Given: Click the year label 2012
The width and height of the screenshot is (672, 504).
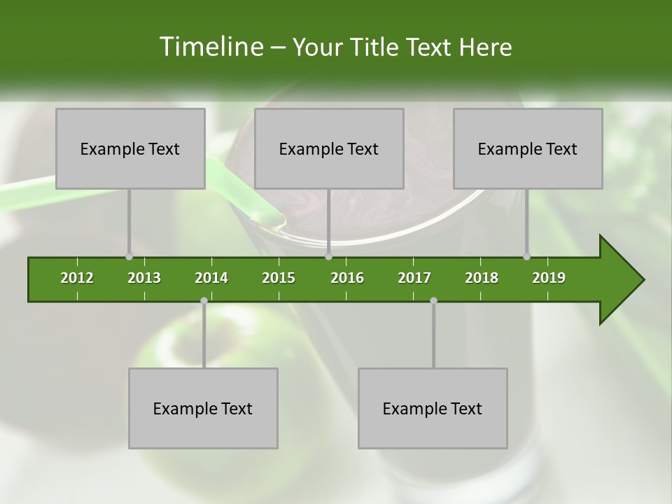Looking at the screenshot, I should (x=77, y=278).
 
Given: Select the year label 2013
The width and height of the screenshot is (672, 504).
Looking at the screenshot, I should (x=144, y=278).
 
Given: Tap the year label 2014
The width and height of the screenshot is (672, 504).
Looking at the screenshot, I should (x=211, y=278).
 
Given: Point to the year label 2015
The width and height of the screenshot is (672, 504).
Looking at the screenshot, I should (x=279, y=278).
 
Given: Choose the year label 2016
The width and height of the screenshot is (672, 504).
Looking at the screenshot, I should (x=347, y=278).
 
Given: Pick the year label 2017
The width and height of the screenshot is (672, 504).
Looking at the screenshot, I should (x=414, y=278).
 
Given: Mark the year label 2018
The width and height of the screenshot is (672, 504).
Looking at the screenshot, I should (x=482, y=278).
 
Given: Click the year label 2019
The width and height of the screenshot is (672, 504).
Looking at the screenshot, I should (x=549, y=278).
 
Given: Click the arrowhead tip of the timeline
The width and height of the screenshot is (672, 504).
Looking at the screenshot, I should (x=643, y=280).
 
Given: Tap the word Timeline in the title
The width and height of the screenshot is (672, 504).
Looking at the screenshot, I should (x=210, y=47).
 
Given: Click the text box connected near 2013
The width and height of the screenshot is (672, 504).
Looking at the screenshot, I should (x=130, y=148).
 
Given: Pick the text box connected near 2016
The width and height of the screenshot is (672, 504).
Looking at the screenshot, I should (x=329, y=148).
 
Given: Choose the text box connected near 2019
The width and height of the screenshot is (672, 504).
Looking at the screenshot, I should (x=528, y=148).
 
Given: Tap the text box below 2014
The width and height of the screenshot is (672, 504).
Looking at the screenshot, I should (x=203, y=408).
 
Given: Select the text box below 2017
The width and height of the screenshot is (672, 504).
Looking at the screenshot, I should (x=433, y=408).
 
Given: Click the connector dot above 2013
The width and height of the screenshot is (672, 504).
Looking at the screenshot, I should (x=129, y=256).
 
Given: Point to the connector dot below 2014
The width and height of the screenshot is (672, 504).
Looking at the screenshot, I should (x=204, y=300).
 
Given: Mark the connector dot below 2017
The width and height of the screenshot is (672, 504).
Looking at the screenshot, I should (x=433, y=300).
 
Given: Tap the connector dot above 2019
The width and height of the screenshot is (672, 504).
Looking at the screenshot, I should (x=527, y=256).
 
